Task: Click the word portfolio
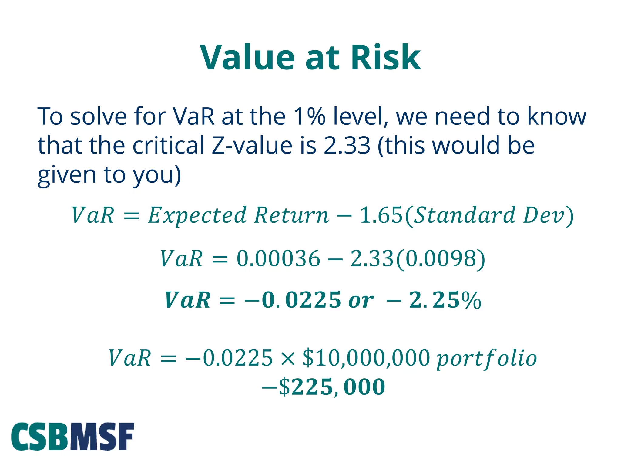(x=486, y=359)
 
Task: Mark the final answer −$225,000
(x=323, y=387)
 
